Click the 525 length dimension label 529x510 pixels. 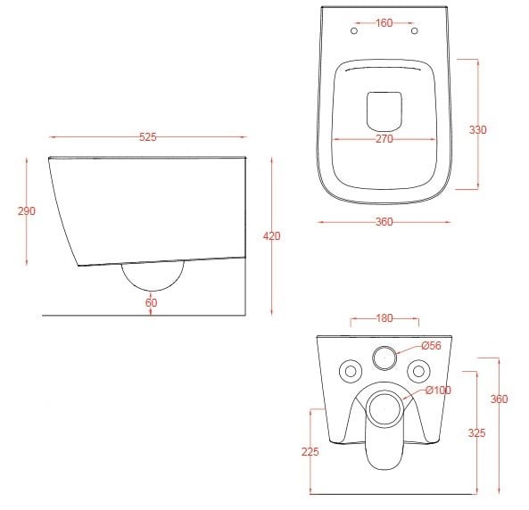pyautogui.click(x=148, y=137)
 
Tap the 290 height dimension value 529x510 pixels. pyautogui.click(x=26, y=211)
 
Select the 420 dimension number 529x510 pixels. pyautogui.click(x=271, y=236)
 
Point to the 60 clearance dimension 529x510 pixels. pyautogui.click(x=151, y=302)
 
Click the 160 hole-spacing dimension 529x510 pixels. pyautogui.click(x=384, y=23)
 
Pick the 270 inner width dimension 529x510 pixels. pyautogui.click(x=384, y=138)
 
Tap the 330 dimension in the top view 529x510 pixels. pyautogui.click(x=478, y=129)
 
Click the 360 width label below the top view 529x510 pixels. pyautogui.click(x=384, y=222)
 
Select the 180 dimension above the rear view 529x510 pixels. pyautogui.click(x=384, y=318)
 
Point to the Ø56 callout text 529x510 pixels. pyautogui.click(x=432, y=345)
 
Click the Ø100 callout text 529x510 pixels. pyautogui.click(x=438, y=391)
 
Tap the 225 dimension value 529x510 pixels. pyautogui.click(x=310, y=451)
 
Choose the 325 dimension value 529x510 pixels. pyautogui.click(x=476, y=432)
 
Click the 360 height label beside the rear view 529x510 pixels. pyautogui.click(x=499, y=399)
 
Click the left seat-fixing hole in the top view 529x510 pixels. pyautogui.click(x=354, y=30)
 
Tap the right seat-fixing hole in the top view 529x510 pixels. pyautogui.click(x=415, y=30)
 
